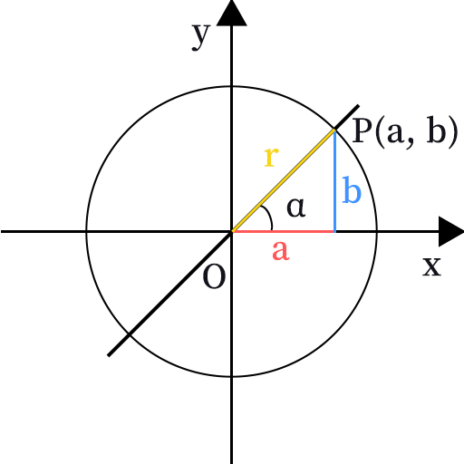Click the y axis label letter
pos(200,37)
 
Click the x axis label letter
pos(432,266)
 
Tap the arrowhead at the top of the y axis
pos(232,13)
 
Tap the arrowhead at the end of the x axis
pos(451,231)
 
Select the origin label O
pos(214,276)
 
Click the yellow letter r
pos(271,157)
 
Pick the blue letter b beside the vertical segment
pos(352,190)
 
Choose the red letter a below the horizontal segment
pos(281,250)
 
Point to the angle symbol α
pos(296,208)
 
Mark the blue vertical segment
pos(334,180)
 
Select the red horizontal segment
pos(284,232)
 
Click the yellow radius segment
pos(284,180)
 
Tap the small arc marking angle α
pos(269,216)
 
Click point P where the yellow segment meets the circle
pos(334,130)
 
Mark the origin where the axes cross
pos(232,232)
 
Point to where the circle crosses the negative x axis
pos(87,232)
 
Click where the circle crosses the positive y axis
pos(232,87)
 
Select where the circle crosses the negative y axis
pos(232,376)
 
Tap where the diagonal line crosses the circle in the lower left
pos(130,334)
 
